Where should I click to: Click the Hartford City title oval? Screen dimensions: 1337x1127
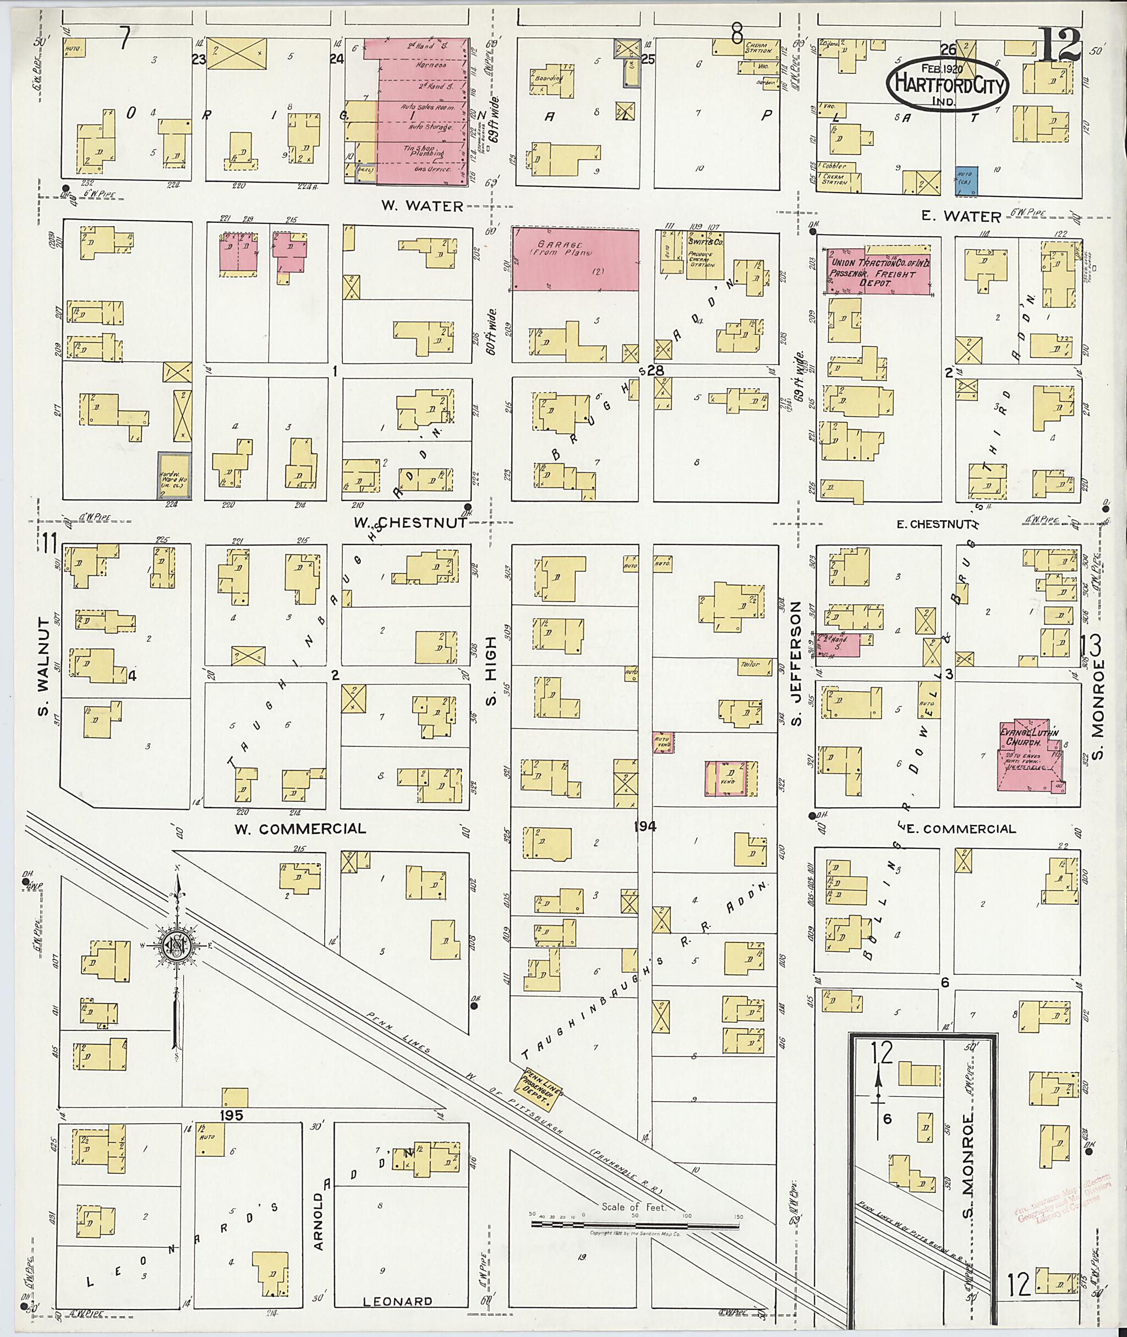(x=947, y=84)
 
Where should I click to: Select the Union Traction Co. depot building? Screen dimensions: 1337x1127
(x=877, y=269)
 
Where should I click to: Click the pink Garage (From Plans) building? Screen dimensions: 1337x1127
(x=575, y=260)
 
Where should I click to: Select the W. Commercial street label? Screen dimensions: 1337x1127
(x=300, y=828)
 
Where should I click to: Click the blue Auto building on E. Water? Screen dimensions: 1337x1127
(x=967, y=182)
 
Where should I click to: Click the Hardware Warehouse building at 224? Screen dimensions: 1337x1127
(x=174, y=476)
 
